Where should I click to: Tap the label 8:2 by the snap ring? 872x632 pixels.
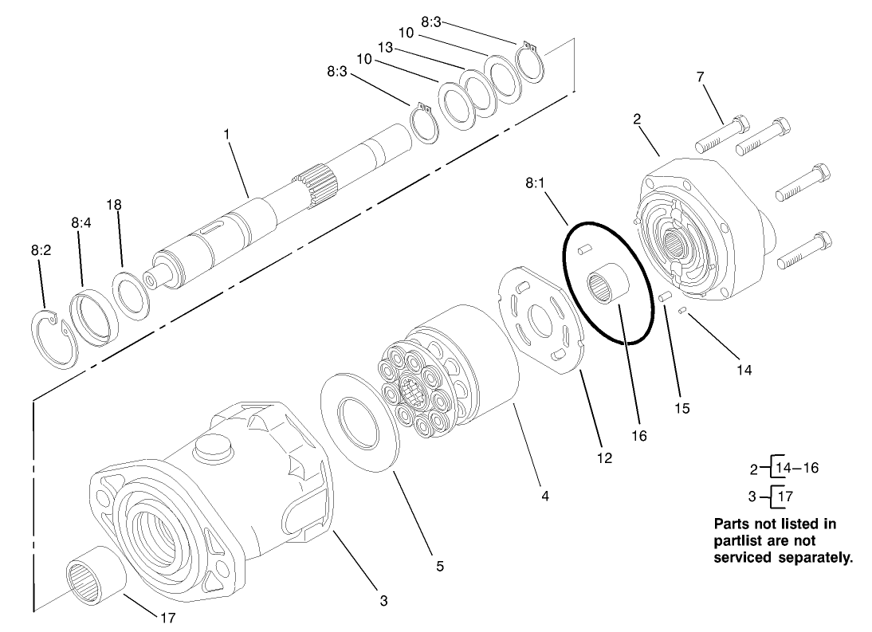click(x=41, y=249)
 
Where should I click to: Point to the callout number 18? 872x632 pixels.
click(x=114, y=205)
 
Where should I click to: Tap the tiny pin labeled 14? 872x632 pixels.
click(x=682, y=311)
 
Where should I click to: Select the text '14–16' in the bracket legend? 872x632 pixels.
click(x=796, y=467)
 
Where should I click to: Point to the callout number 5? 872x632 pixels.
click(x=440, y=566)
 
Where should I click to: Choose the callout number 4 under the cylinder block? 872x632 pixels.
click(x=544, y=496)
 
